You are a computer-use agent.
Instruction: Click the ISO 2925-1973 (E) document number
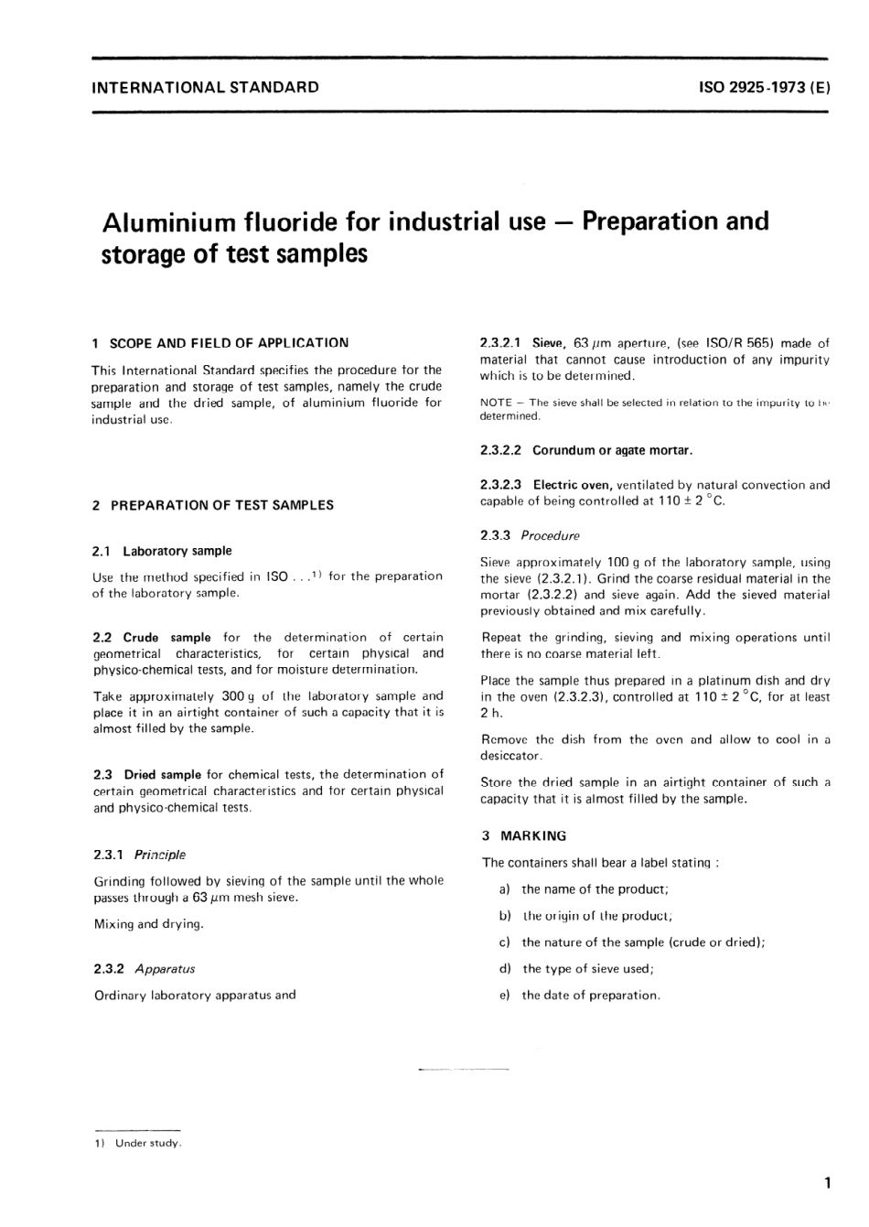click(x=764, y=88)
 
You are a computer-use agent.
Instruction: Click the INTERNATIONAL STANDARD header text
click(x=206, y=88)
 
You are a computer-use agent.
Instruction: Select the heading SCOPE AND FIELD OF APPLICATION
click(x=229, y=343)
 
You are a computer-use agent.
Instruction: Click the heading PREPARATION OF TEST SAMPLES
click(x=221, y=505)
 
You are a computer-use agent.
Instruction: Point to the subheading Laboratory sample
click(x=177, y=551)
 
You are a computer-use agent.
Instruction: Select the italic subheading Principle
click(x=160, y=855)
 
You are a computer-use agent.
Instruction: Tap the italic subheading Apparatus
click(x=165, y=969)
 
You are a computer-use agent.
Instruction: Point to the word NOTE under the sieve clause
click(x=495, y=403)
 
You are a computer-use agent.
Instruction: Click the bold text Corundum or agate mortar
click(x=613, y=450)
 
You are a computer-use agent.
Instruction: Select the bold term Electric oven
click(x=573, y=485)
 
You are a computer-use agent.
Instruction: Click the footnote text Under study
click(x=148, y=1144)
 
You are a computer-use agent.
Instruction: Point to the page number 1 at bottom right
click(x=827, y=1183)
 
